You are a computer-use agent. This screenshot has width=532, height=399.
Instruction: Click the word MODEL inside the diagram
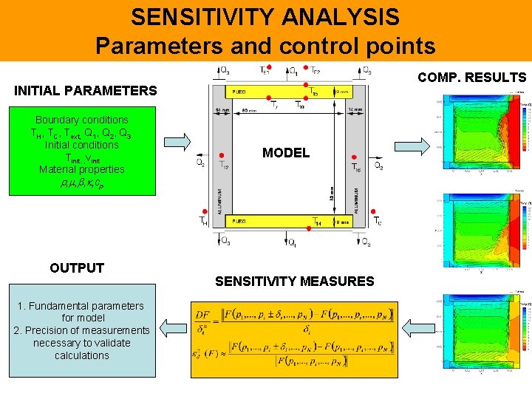point(285,153)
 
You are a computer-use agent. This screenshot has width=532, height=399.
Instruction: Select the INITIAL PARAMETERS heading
point(86,91)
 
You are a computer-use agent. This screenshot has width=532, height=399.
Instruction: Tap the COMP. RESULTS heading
point(471,77)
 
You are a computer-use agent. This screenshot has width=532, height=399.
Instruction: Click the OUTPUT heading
point(77,267)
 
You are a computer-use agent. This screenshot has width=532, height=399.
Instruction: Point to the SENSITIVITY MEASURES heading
point(294,281)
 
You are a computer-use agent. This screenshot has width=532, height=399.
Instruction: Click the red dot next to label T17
point(219,156)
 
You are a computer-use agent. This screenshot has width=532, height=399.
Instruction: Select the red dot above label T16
point(355,157)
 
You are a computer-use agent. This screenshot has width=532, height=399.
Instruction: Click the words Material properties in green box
point(82,169)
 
